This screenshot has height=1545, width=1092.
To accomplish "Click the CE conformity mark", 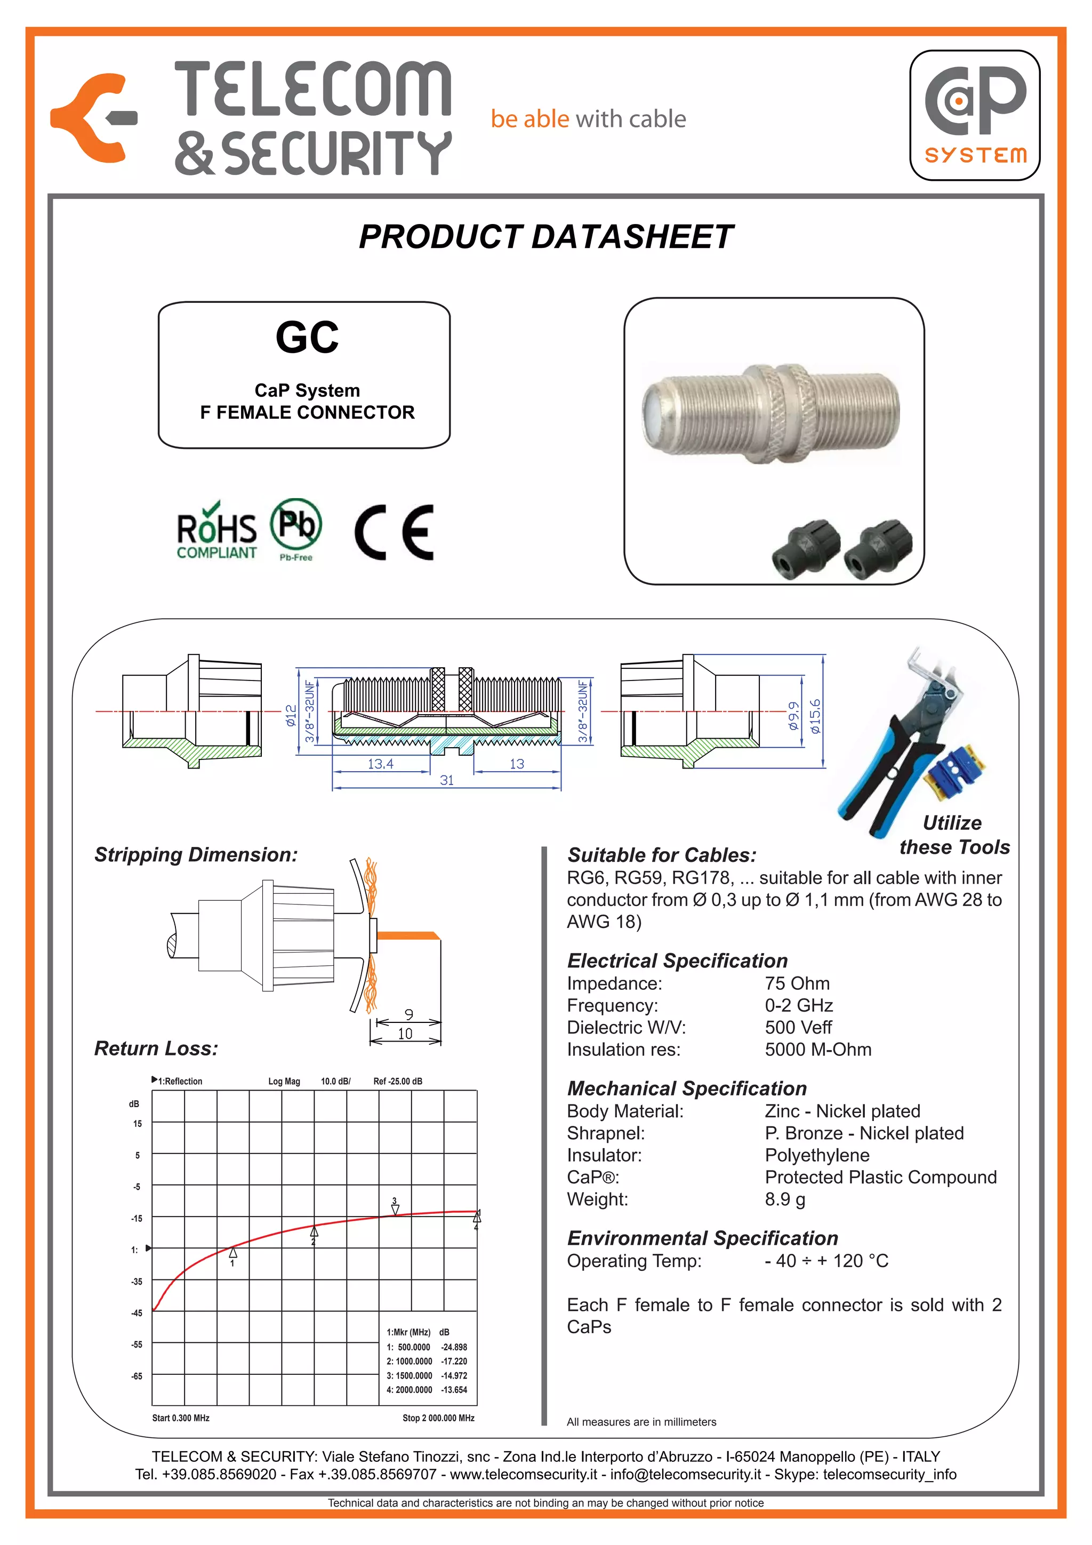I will coord(394,532).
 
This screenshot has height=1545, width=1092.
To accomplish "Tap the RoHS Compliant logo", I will coord(216,532).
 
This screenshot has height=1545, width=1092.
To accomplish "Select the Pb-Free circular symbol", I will coord(296,524).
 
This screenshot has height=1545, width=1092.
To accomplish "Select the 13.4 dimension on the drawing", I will coord(380,764).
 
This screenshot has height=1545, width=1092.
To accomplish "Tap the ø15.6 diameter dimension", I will coord(815,716).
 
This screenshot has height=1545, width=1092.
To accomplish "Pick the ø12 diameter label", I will coord(291,715).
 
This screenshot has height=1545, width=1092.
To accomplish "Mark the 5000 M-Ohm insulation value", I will coord(818,1049).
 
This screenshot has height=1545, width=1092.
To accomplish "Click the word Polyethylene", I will coord(817,1155).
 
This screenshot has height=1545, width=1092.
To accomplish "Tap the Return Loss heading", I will coord(156,1048).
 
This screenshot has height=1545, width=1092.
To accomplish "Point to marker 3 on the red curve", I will coord(395,1209).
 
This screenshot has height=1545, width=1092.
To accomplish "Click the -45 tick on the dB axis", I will coord(136,1313).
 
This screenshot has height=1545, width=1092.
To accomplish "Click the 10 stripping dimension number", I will coord(405,1034).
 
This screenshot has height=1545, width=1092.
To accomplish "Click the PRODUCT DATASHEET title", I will coord(545,237).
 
